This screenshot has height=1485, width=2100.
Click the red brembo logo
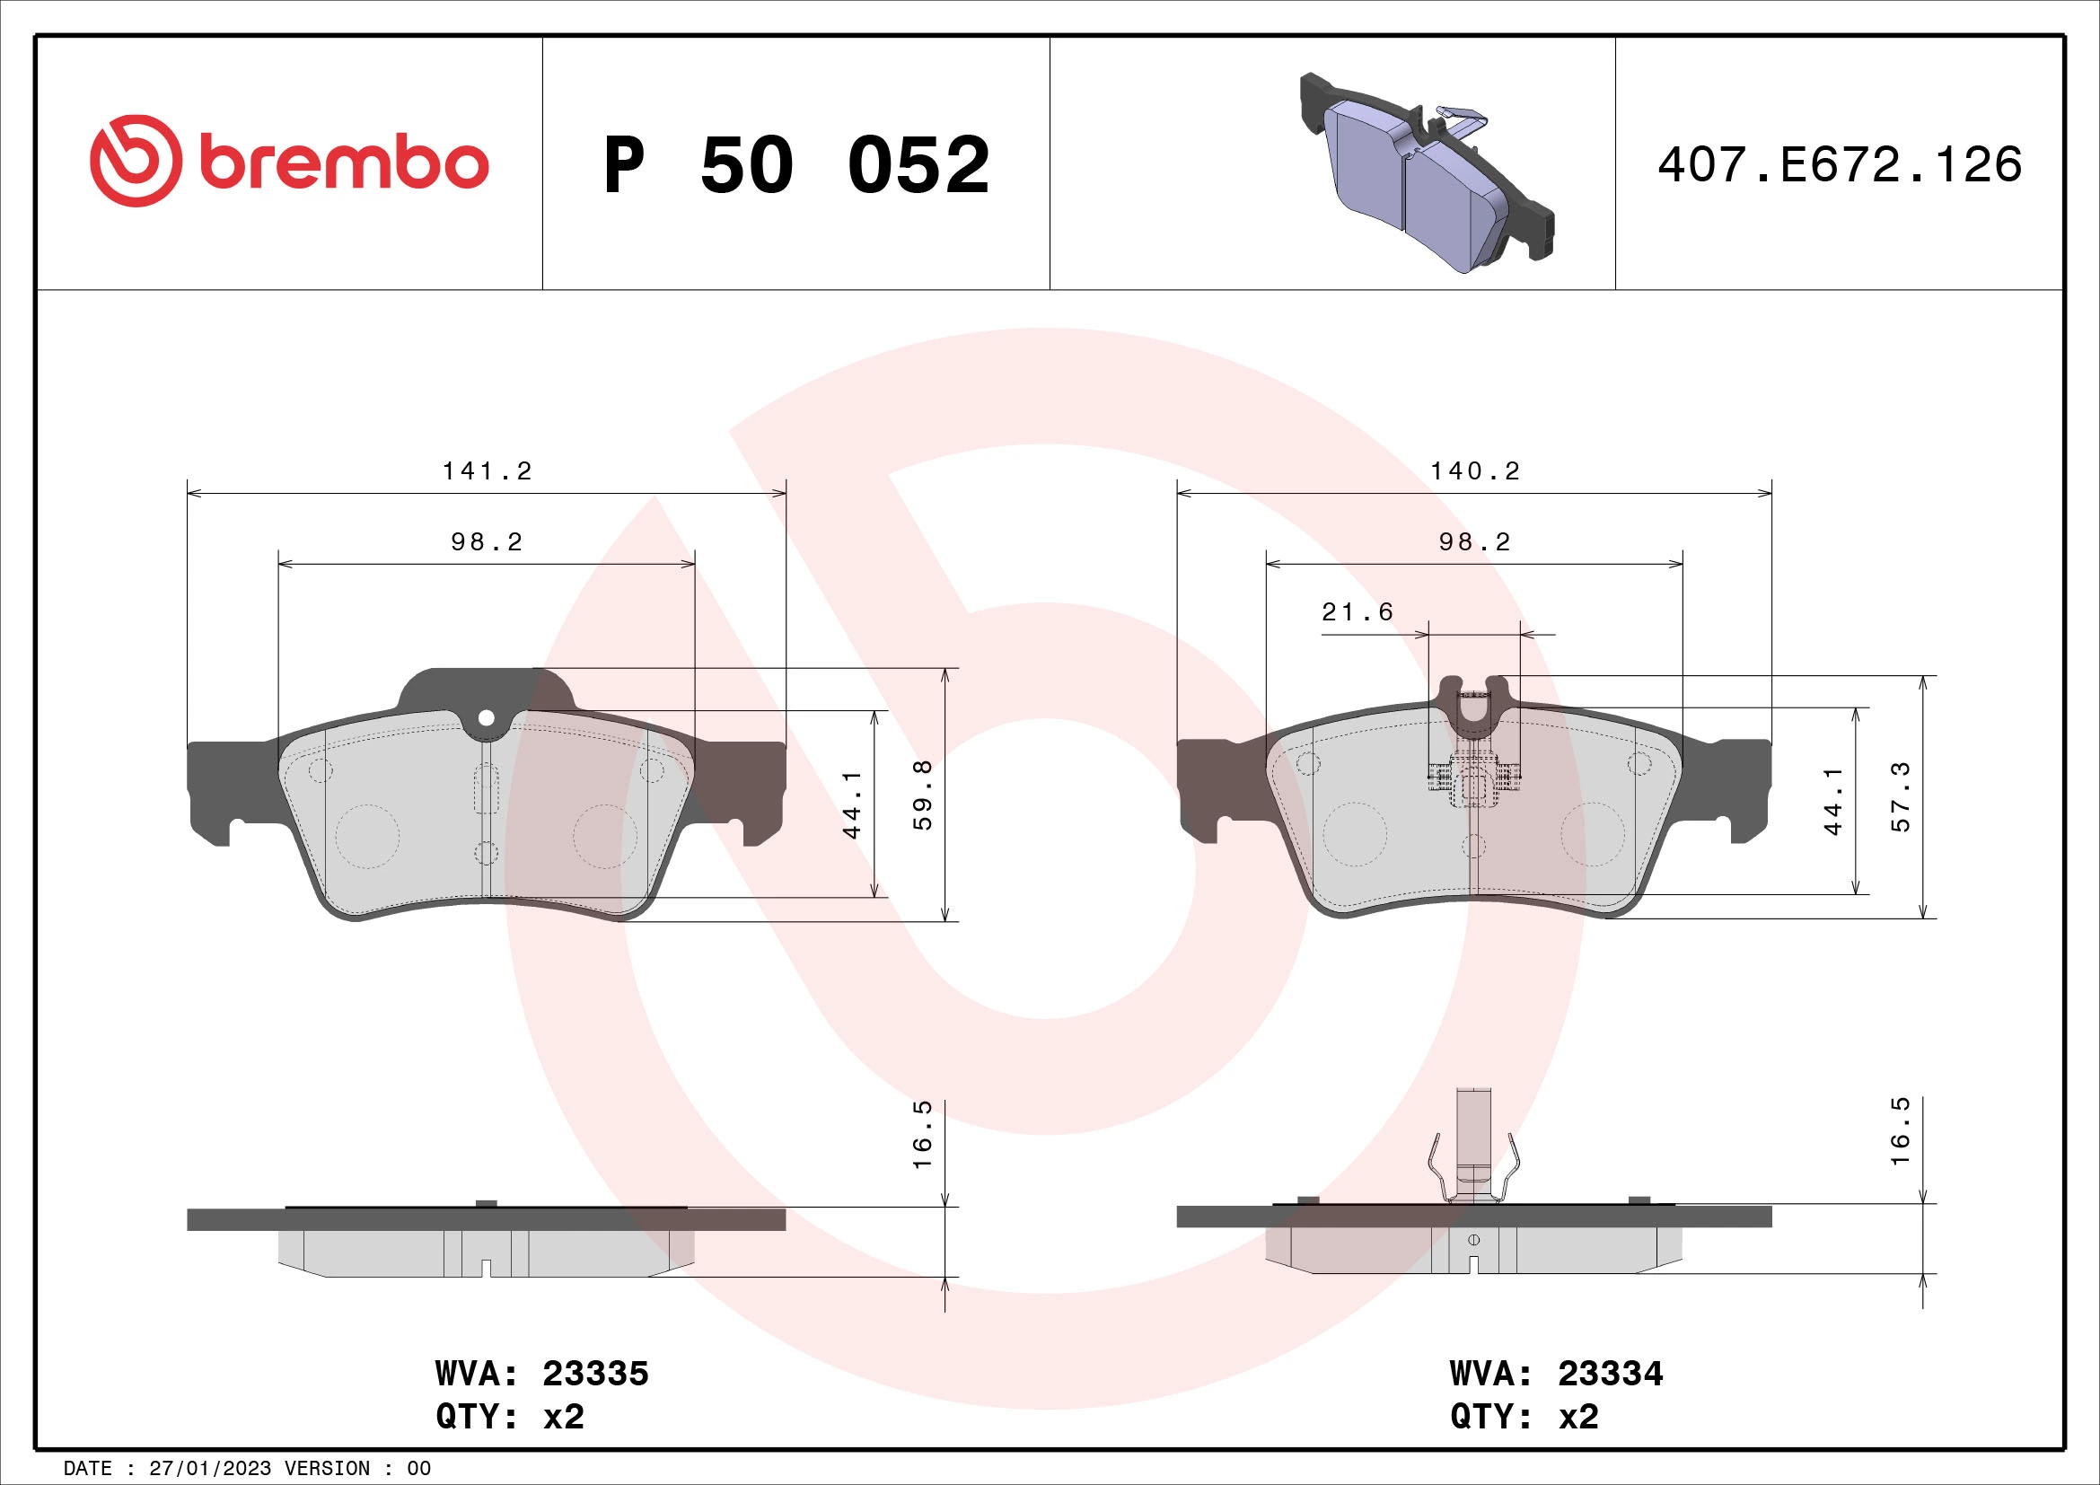[x=289, y=162]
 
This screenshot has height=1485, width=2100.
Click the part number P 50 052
[x=795, y=165]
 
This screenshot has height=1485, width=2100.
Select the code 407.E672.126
[x=1840, y=165]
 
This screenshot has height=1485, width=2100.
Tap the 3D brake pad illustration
[x=1426, y=174]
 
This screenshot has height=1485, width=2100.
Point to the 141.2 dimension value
[x=487, y=471]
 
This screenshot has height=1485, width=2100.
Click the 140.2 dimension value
[x=1474, y=471]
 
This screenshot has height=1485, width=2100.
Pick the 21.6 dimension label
[x=1358, y=611]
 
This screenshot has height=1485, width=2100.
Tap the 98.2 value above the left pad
[x=487, y=542]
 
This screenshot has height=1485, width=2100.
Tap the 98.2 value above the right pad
[x=1474, y=542]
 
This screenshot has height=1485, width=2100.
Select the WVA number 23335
[x=595, y=1374]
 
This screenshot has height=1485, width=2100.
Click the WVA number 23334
[x=1610, y=1374]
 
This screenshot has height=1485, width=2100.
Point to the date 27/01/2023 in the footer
[x=209, y=1469]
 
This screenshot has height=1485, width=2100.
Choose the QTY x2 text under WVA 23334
[x=1524, y=1417]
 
